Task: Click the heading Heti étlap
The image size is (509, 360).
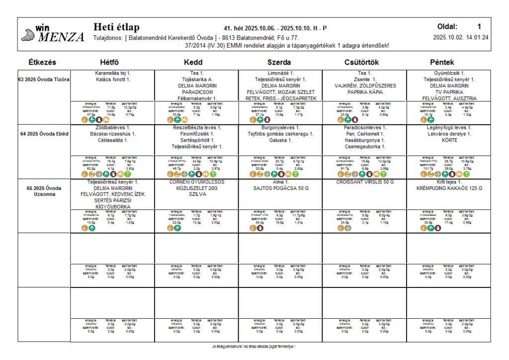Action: click(x=116, y=27)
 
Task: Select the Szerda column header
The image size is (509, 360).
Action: click(x=279, y=63)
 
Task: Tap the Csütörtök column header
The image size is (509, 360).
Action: click(x=363, y=63)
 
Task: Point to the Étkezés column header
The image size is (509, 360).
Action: click(x=42, y=63)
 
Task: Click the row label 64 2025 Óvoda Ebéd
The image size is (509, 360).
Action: click(x=44, y=134)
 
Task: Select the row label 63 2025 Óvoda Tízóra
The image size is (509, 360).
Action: click(x=44, y=80)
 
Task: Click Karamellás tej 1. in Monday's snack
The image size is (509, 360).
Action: click(x=113, y=73)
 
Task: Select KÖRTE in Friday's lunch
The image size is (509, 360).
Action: click(x=449, y=140)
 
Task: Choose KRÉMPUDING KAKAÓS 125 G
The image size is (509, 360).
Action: click(x=449, y=188)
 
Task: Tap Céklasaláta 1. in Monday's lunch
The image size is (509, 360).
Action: click(x=113, y=140)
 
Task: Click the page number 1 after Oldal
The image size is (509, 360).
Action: click(x=479, y=27)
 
